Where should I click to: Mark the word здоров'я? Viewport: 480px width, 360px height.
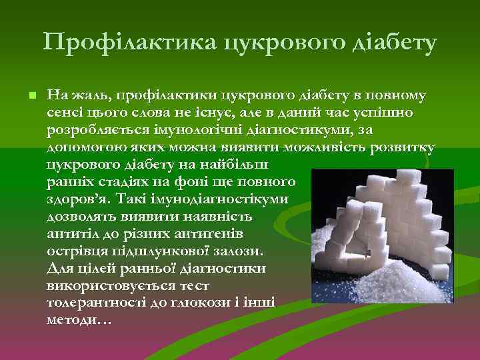click(79, 199)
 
